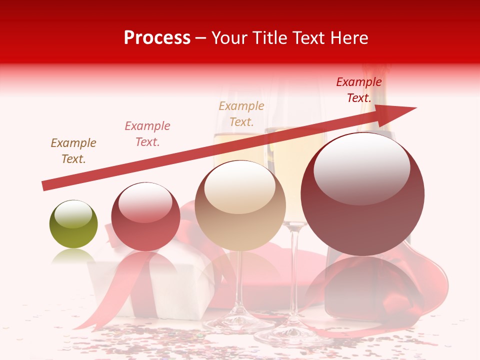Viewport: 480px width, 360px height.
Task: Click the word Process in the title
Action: point(157,38)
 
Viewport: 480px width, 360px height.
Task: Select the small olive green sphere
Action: point(73,224)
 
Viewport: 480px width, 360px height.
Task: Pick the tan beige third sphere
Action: point(240,206)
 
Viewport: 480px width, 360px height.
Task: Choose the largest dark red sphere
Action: point(362,195)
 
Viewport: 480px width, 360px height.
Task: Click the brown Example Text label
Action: point(73,151)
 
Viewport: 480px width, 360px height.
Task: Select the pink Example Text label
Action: point(147,134)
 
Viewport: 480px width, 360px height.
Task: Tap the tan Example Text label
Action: point(241,114)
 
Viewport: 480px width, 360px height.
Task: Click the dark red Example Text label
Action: point(359,90)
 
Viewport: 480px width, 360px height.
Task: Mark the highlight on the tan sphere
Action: point(239,187)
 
